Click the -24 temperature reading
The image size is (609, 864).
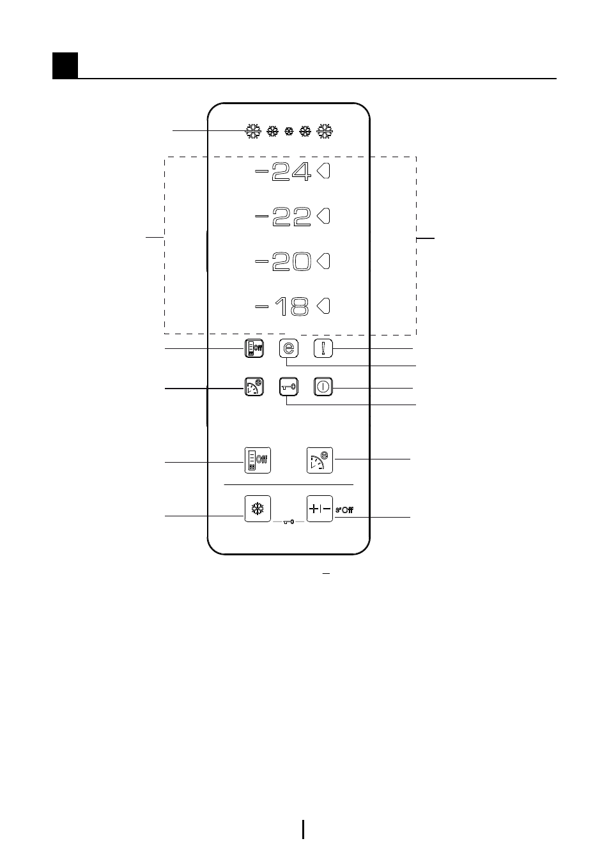tap(282, 171)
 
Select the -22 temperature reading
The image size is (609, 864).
tap(282, 217)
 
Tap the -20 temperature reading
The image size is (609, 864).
tap(282, 261)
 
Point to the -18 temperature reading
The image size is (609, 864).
tap(282, 307)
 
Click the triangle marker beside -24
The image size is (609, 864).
tap(323, 171)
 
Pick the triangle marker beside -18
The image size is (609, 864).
tap(323, 306)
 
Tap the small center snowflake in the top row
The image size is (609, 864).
tap(289, 132)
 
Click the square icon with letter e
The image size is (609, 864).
tap(289, 348)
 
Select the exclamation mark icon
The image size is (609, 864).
tap(323, 348)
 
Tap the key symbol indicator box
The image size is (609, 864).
tap(289, 387)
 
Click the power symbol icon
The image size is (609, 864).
tap(323, 387)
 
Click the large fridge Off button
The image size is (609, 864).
tap(258, 460)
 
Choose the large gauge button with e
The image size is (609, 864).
tap(320, 460)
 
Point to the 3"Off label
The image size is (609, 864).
tap(344, 510)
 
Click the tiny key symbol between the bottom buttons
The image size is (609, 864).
tap(289, 522)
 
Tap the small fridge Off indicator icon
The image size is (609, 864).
tap(254, 348)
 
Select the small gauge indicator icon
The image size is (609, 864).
tap(254, 387)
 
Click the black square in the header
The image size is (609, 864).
tap(65, 66)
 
